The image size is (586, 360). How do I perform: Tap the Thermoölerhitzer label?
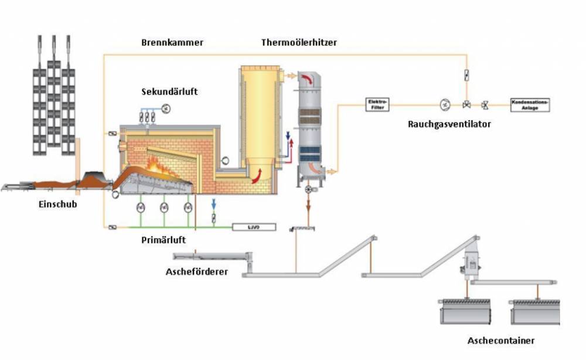tap(299, 43)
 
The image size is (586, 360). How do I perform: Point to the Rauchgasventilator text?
tap(449, 124)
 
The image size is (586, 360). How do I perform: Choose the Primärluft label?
tap(164, 240)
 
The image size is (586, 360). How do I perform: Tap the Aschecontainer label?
tap(501, 341)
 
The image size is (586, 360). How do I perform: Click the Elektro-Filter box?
tap(377, 104)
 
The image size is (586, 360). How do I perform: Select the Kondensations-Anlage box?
tap(530, 104)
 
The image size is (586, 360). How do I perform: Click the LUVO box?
tap(254, 226)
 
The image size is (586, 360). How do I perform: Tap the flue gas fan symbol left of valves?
tap(444, 105)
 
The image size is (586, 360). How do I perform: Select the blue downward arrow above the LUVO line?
tap(213, 204)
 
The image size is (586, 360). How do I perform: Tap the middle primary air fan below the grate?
tap(164, 208)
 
